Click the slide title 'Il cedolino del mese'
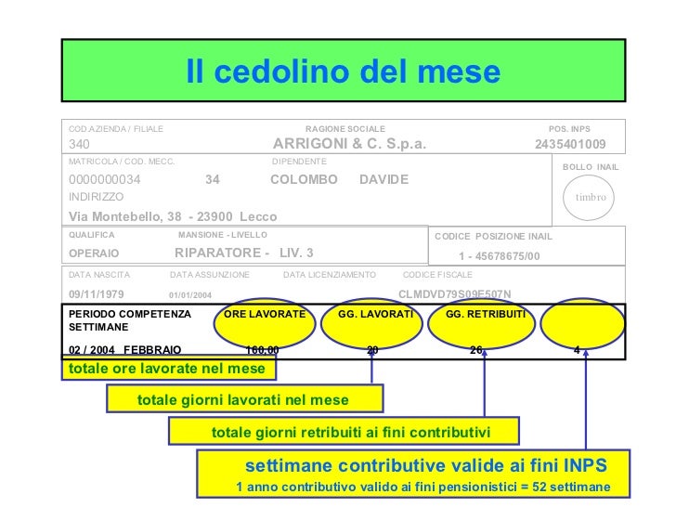tap(343, 71)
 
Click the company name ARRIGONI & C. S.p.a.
tap(349, 144)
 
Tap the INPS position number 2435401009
tap(570, 144)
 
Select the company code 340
tap(80, 144)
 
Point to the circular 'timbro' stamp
tap(590, 197)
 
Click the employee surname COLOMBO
tap(297, 179)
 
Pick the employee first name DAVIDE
tap(383, 179)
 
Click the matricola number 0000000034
tap(105, 179)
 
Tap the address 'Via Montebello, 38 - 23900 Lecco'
tap(173, 216)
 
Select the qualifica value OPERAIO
tap(95, 253)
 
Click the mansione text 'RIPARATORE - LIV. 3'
tap(244, 253)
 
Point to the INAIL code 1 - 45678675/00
tap(499, 255)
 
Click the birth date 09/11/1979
tap(97, 294)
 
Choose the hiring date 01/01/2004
tap(190, 295)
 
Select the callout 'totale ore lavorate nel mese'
tap(169, 369)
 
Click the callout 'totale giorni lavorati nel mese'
tap(243, 399)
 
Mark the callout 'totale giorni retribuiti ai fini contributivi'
tap(343, 432)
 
